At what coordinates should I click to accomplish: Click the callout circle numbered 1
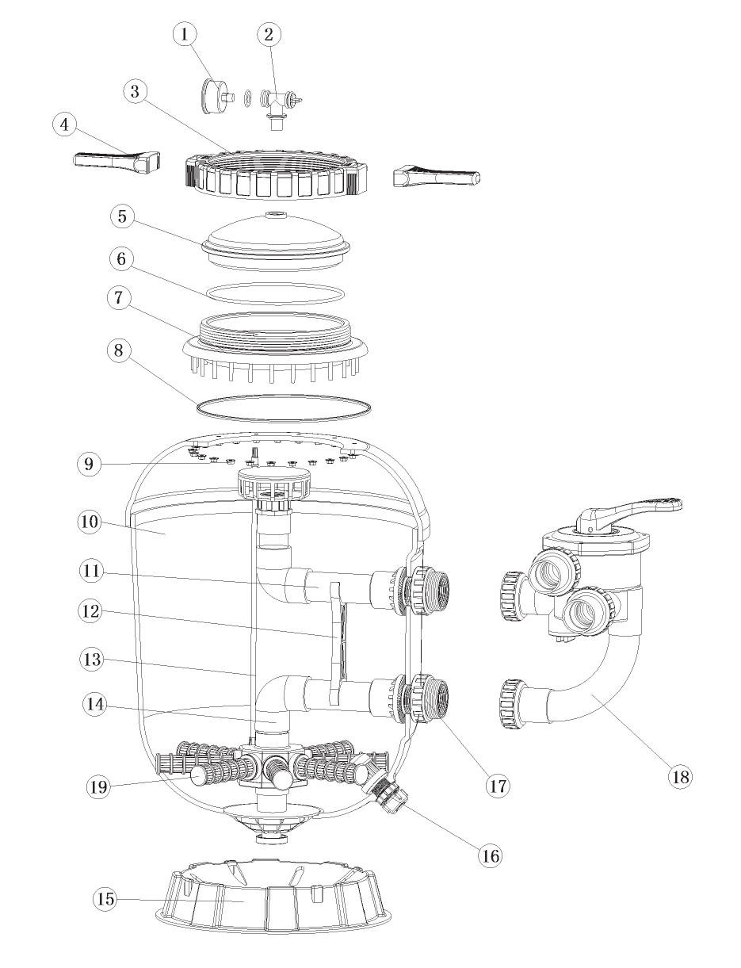[x=185, y=34]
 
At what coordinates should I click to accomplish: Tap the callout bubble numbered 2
[x=269, y=34]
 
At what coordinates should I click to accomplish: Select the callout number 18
[x=680, y=776]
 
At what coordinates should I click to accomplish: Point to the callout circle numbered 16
[x=490, y=855]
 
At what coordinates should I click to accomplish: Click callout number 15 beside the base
[x=105, y=898]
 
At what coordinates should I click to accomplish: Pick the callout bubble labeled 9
[x=89, y=464]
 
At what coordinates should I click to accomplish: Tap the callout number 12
[x=91, y=610]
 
